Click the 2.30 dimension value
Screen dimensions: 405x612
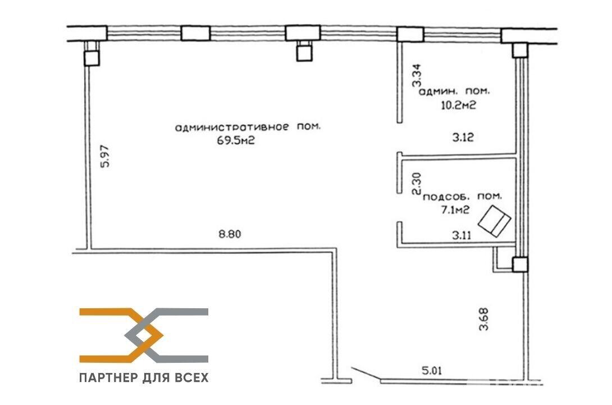coord(416,183)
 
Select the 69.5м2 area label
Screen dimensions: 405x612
coord(231,141)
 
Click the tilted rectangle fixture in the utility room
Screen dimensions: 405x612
coord(497,220)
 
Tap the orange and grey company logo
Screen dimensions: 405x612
coord(144,335)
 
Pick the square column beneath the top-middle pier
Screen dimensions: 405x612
coord(304,52)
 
